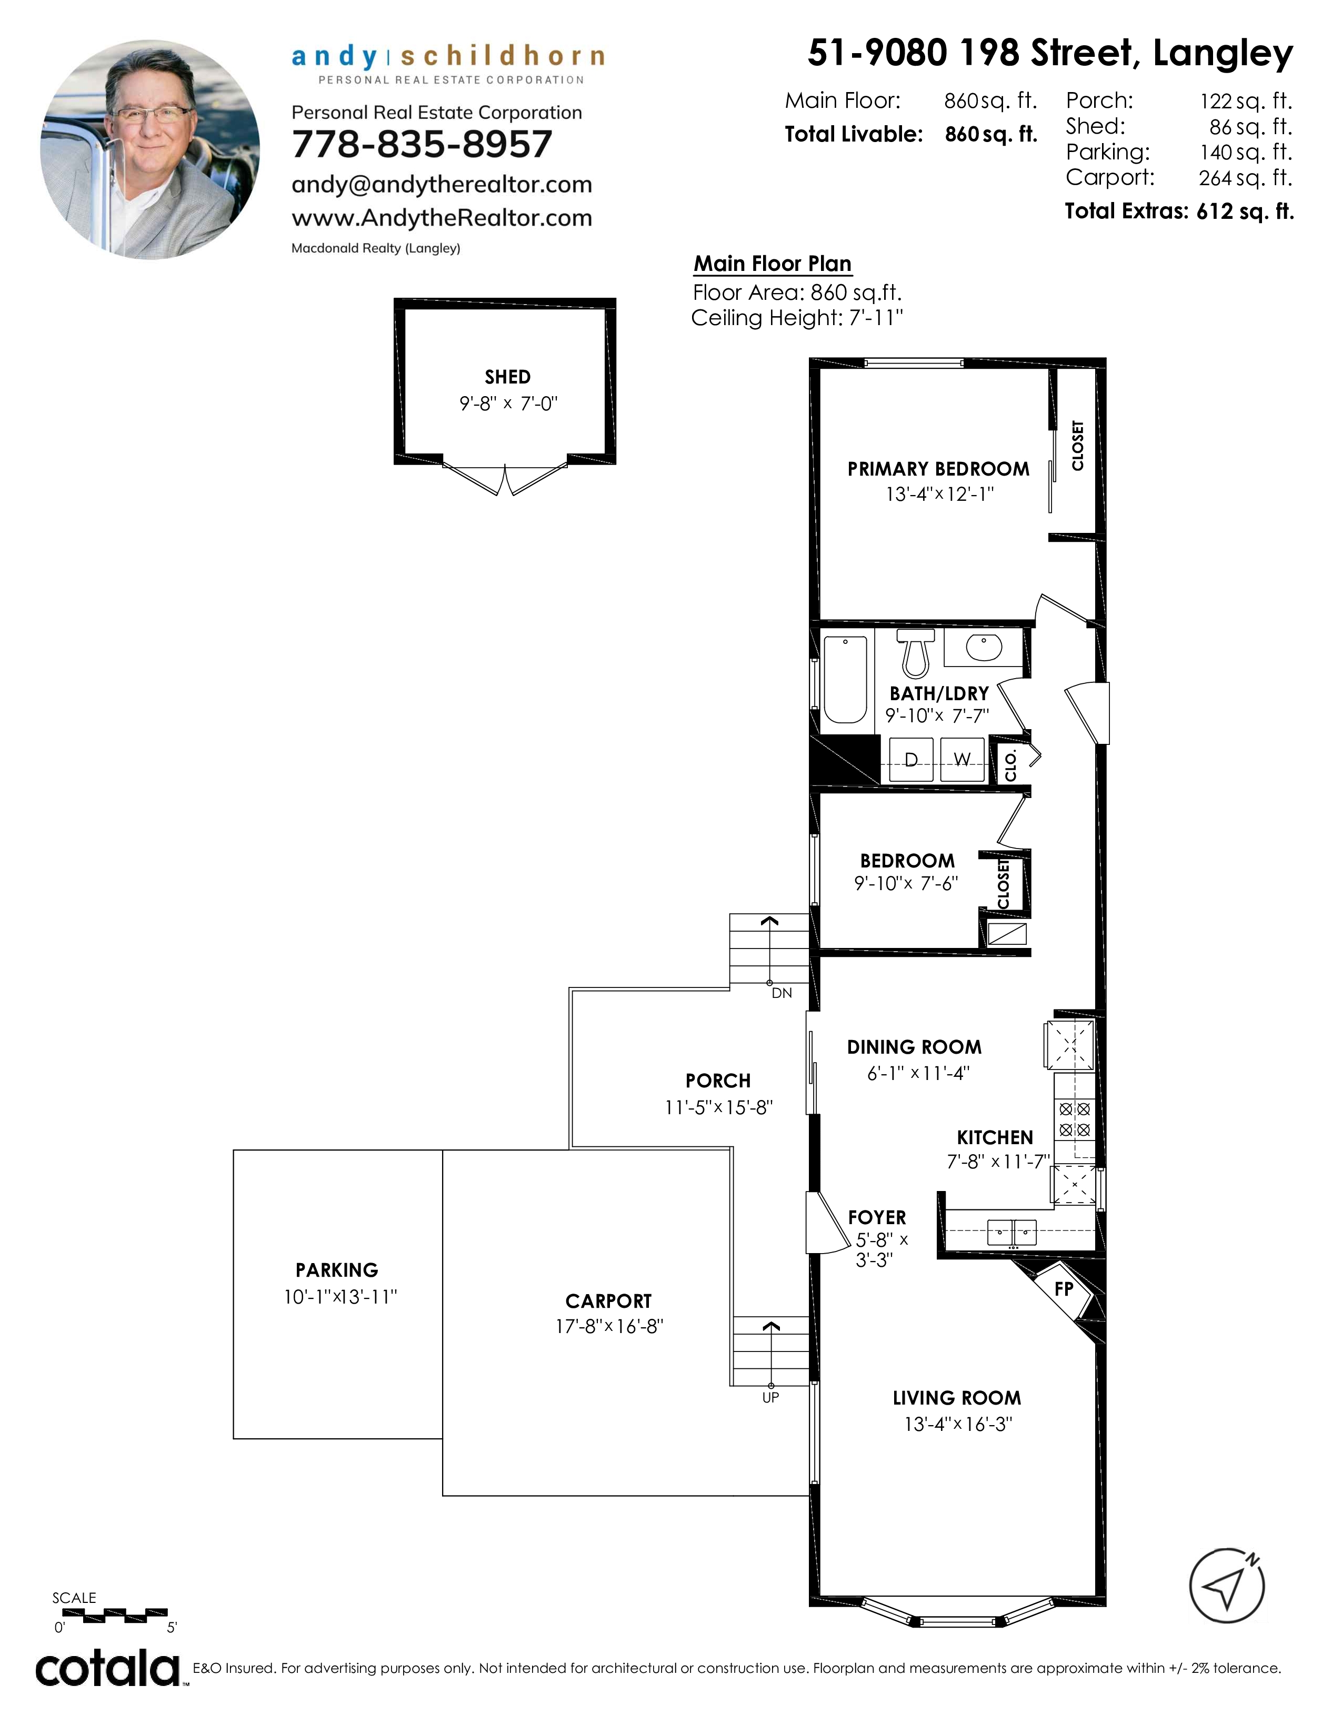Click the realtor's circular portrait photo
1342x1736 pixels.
click(151, 149)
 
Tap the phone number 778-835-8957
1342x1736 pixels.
click(422, 145)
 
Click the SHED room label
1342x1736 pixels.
click(508, 377)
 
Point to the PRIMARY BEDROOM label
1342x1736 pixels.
click(938, 469)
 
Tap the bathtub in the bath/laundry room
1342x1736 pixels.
click(844, 680)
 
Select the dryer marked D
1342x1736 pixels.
click(911, 760)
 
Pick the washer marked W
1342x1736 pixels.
click(963, 760)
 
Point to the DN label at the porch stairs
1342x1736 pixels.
click(782, 994)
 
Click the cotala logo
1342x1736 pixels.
click(108, 1669)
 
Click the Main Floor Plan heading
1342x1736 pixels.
click(773, 264)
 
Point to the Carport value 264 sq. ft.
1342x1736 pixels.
click(1246, 178)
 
